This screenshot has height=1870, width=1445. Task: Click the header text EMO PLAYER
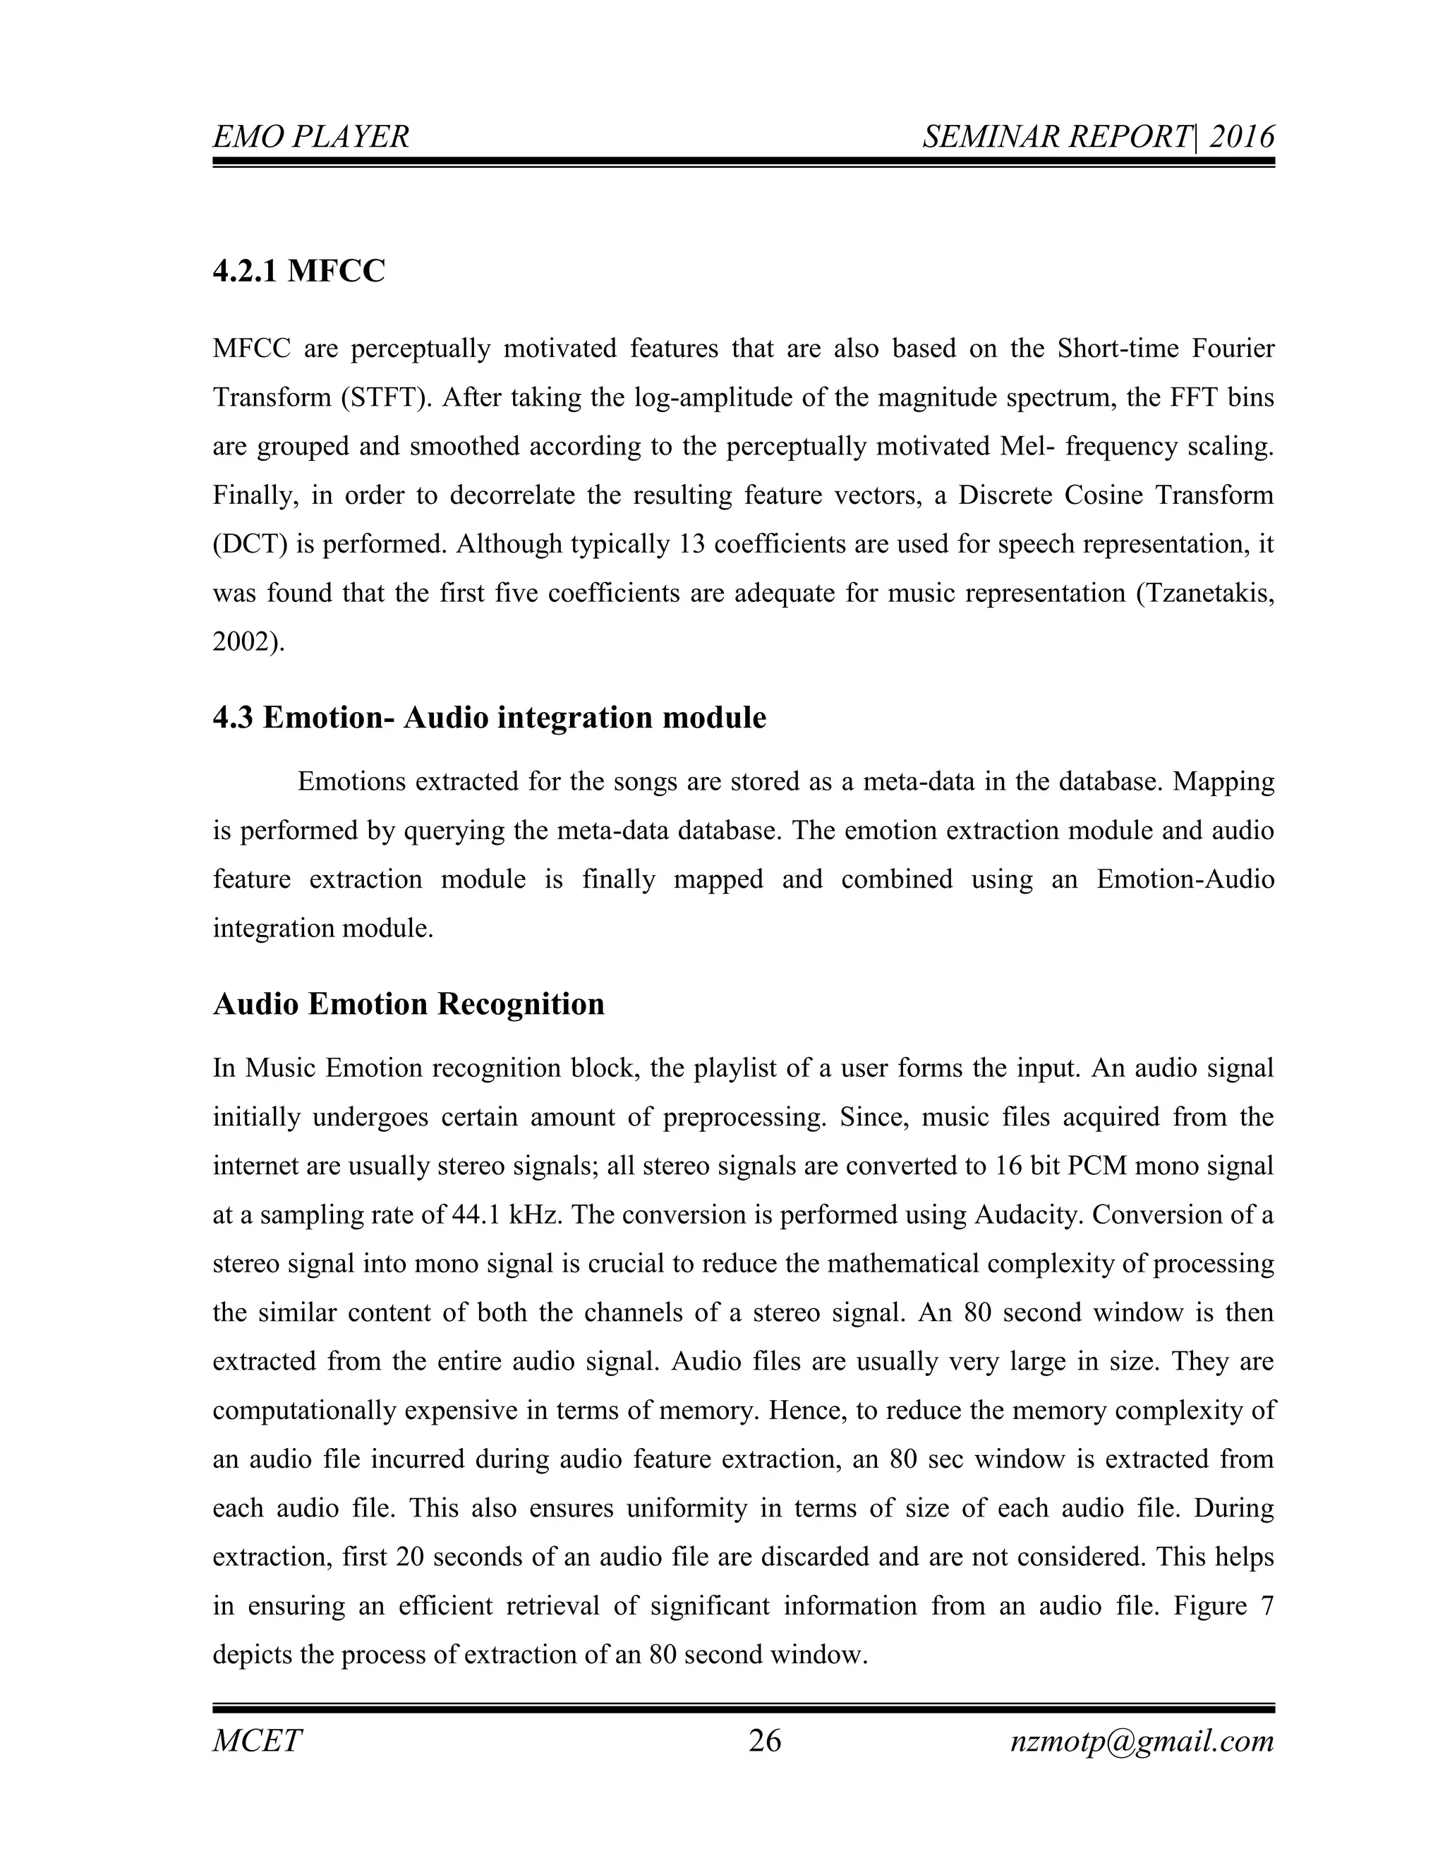(x=310, y=137)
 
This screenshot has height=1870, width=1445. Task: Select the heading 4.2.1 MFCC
(x=298, y=272)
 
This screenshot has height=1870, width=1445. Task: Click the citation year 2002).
(x=248, y=642)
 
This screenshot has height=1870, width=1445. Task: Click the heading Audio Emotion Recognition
(x=409, y=1003)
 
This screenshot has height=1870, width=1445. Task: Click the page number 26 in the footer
(x=764, y=1741)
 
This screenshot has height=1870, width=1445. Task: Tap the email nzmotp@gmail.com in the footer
(x=1142, y=1741)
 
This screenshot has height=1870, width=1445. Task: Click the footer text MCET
(x=257, y=1741)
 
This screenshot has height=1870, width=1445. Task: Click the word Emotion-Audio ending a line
(x=1185, y=880)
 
